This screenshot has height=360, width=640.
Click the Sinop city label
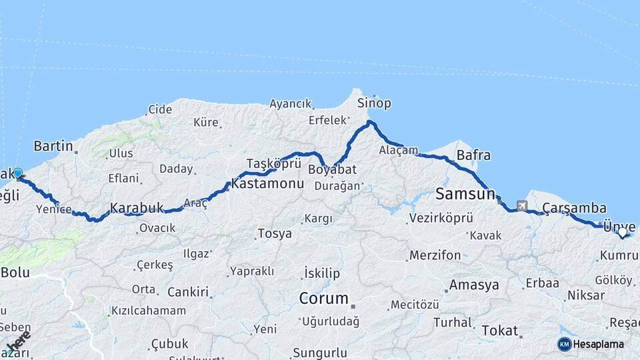click(x=374, y=103)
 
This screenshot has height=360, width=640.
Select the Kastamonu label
click(x=267, y=184)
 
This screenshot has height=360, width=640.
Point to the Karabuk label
click(x=137, y=208)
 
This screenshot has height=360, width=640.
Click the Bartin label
click(x=53, y=145)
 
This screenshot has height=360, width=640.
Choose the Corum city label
click(x=324, y=298)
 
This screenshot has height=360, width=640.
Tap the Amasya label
click(x=474, y=285)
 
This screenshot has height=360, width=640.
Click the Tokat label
click(x=499, y=330)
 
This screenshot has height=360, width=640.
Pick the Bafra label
click(x=473, y=155)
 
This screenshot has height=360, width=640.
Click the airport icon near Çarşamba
click(x=521, y=206)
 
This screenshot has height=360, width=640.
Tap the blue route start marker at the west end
click(x=18, y=173)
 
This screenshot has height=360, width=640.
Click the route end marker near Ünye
click(x=623, y=232)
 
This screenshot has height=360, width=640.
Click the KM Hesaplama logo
click(x=591, y=344)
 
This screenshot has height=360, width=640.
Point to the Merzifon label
click(x=435, y=255)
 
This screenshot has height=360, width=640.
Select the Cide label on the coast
click(x=160, y=109)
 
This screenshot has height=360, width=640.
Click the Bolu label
click(x=15, y=272)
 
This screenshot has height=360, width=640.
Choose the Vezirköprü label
click(x=441, y=218)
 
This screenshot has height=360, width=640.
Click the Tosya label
click(x=274, y=234)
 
